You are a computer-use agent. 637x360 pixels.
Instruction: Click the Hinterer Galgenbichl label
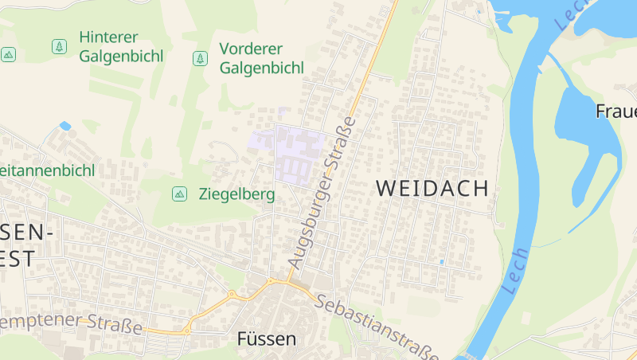[121, 46]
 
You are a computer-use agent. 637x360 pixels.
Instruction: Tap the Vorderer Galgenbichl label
[261, 57]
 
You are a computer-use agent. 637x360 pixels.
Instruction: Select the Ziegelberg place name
[236, 194]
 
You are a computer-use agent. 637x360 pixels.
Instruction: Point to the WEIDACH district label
[431, 189]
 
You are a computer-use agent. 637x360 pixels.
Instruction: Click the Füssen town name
[267, 338]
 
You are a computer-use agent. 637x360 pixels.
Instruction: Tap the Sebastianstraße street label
[377, 327]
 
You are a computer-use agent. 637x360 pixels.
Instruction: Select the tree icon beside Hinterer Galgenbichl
[59, 47]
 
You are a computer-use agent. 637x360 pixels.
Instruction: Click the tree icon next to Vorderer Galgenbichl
[200, 58]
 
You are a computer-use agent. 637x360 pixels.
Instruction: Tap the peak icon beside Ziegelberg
[180, 194]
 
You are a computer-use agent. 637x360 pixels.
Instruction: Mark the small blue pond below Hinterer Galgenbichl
[64, 126]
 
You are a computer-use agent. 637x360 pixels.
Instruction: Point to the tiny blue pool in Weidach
[441, 261]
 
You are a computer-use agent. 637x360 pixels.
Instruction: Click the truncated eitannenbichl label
[47, 170]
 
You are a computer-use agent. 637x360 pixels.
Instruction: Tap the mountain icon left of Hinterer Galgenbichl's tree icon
[8, 54]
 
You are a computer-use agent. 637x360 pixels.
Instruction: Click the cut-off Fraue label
[616, 111]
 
